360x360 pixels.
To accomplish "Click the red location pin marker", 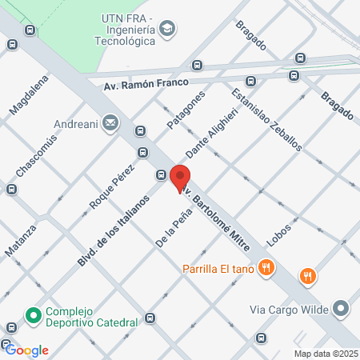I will pyautogui.click(x=180, y=178).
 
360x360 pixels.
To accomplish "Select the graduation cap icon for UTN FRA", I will pyautogui.click(x=166, y=30).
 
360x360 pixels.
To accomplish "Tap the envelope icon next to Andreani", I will pyautogui.click(x=110, y=124).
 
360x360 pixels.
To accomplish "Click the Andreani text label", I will pyautogui.click(x=77, y=124).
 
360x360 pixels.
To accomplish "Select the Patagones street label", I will pyautogui.click(x=186, y=110).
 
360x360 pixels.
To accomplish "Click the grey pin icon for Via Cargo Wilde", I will pyautogui.click(x=342, y=308).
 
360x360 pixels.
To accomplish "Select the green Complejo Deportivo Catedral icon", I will pyautogui.click(x=34, y=316).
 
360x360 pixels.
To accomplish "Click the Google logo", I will pyautogui.click(x=27, y=350).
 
